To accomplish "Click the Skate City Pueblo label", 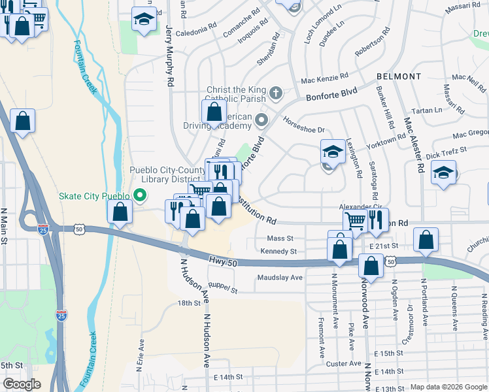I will pyautogui.click(x=94, y=195).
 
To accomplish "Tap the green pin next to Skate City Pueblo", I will pyautogui.click(x=139, y=195).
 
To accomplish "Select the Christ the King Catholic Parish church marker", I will pyautogui.click(x=276, y=92).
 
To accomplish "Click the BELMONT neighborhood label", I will pyautogui.click(x=399, y=76).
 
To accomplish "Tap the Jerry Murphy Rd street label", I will pyautogui.click(x=170, y=57).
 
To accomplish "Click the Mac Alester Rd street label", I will pyautogui.click(x=413, y=145).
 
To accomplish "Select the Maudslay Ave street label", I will pyautogui.click(x=280, y=278).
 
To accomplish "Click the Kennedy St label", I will pyautogui.click(x=278, y=252).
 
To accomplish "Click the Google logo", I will pyautogui.click(x=22, y=384).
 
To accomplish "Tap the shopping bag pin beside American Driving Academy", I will pyautogui.click(x=214, y=112).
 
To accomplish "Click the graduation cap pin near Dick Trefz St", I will pyautogui.click(x=444, y=173).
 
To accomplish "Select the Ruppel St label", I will pyautogui.click(x=222, y=287).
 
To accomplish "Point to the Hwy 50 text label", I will pyautogui.click(x=222, y=261).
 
